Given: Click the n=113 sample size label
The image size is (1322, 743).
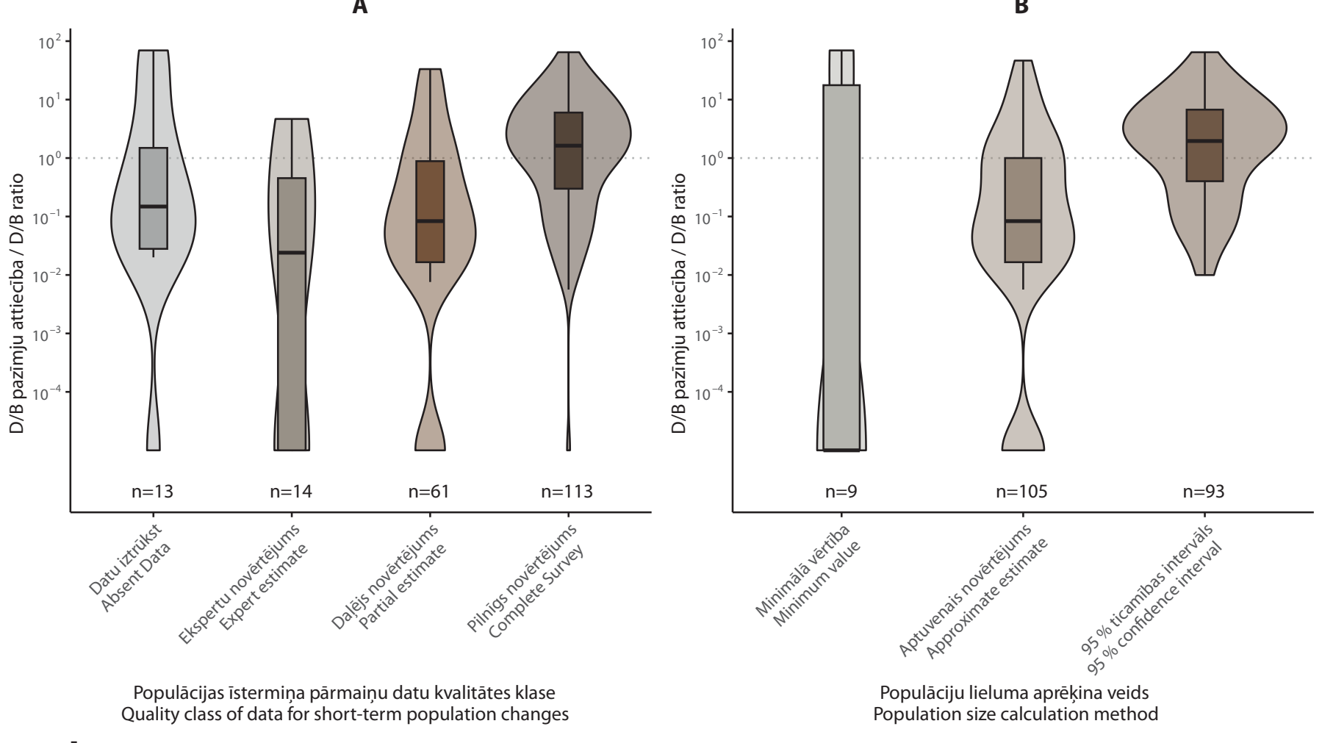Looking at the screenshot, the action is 567,492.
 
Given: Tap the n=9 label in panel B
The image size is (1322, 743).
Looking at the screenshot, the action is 841,492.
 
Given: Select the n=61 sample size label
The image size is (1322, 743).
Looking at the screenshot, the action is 429,492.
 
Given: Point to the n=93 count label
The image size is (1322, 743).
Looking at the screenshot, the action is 1204,492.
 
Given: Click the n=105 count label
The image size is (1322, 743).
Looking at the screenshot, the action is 1022,492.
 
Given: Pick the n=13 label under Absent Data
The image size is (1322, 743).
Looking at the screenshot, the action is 153,492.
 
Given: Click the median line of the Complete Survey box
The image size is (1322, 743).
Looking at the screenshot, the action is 568,146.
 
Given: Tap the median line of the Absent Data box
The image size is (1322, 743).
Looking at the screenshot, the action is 154,207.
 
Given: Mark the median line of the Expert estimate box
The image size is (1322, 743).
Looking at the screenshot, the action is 292,253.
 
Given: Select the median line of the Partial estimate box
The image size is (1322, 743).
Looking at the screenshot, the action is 430,220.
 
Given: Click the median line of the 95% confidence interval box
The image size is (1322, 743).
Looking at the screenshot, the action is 1205,140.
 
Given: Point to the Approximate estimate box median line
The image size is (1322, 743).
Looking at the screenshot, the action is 1023,220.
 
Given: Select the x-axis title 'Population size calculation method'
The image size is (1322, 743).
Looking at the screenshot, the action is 1019,714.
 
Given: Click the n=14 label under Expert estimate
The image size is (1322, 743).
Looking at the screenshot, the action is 291,492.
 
